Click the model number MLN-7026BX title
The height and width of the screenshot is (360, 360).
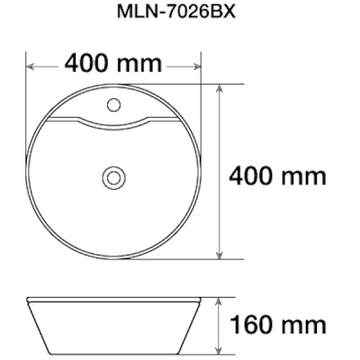pos(176,12)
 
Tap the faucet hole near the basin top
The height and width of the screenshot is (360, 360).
pos(114,104)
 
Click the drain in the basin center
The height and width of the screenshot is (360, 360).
pos(114,177)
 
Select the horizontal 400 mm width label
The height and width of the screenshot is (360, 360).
pos(113,63)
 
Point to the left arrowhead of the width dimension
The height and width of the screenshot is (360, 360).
pos(31,67)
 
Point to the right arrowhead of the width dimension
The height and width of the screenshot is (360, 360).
pos(195,67)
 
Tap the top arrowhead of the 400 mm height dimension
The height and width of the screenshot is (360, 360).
pos(220,90)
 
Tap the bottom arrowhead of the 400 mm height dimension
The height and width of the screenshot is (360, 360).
pos(220,254)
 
